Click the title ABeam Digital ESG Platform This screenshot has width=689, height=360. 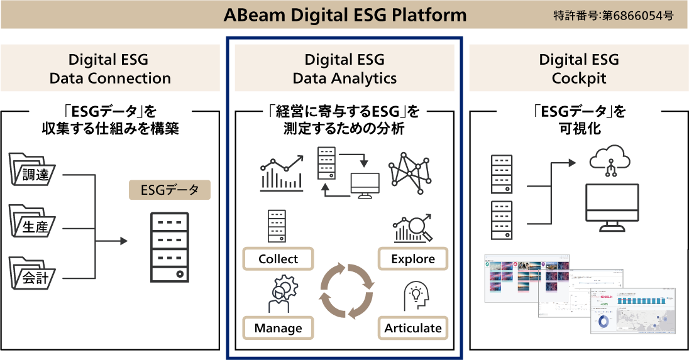click(x=345, y=15)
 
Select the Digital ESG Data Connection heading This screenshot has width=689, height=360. click(x=110, y=69)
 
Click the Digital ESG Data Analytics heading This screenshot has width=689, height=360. click(x=344, y=69)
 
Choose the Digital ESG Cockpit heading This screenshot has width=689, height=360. click(x=578, y=69)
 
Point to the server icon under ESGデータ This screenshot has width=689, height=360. click(x=170, y=247)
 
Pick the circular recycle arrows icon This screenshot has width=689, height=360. click(x=347, y=290)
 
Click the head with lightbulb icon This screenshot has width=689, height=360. click(x=416, y=295)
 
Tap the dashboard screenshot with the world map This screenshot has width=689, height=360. click(x=632, y=311)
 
